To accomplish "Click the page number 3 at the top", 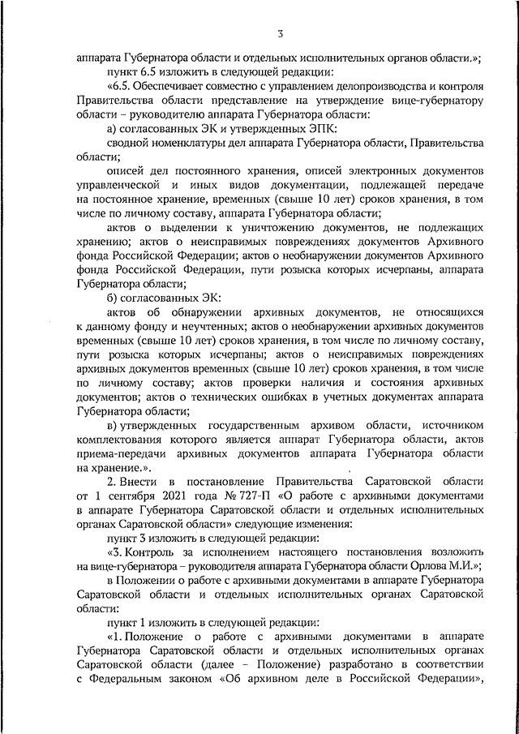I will click(x=280, y=34).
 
